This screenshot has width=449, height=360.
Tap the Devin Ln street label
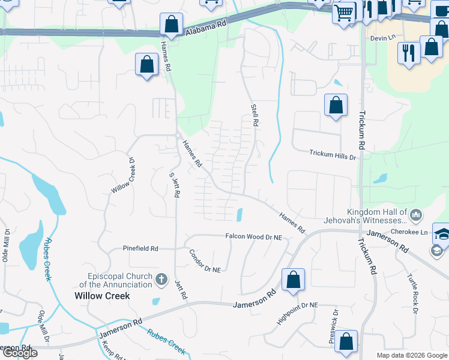pos(384,37)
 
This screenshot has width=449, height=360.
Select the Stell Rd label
pos(255,114)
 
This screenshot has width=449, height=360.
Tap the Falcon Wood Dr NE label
pos(253,237)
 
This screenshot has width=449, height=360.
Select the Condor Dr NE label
pos(205,261)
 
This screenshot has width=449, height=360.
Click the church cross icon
pos(161,280)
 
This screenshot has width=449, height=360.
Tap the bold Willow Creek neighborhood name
pos(102,296)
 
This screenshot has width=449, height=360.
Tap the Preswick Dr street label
pos(334,326)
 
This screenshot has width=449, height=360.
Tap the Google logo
pos(19,353)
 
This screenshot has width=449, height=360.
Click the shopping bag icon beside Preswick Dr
pos(347,341)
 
